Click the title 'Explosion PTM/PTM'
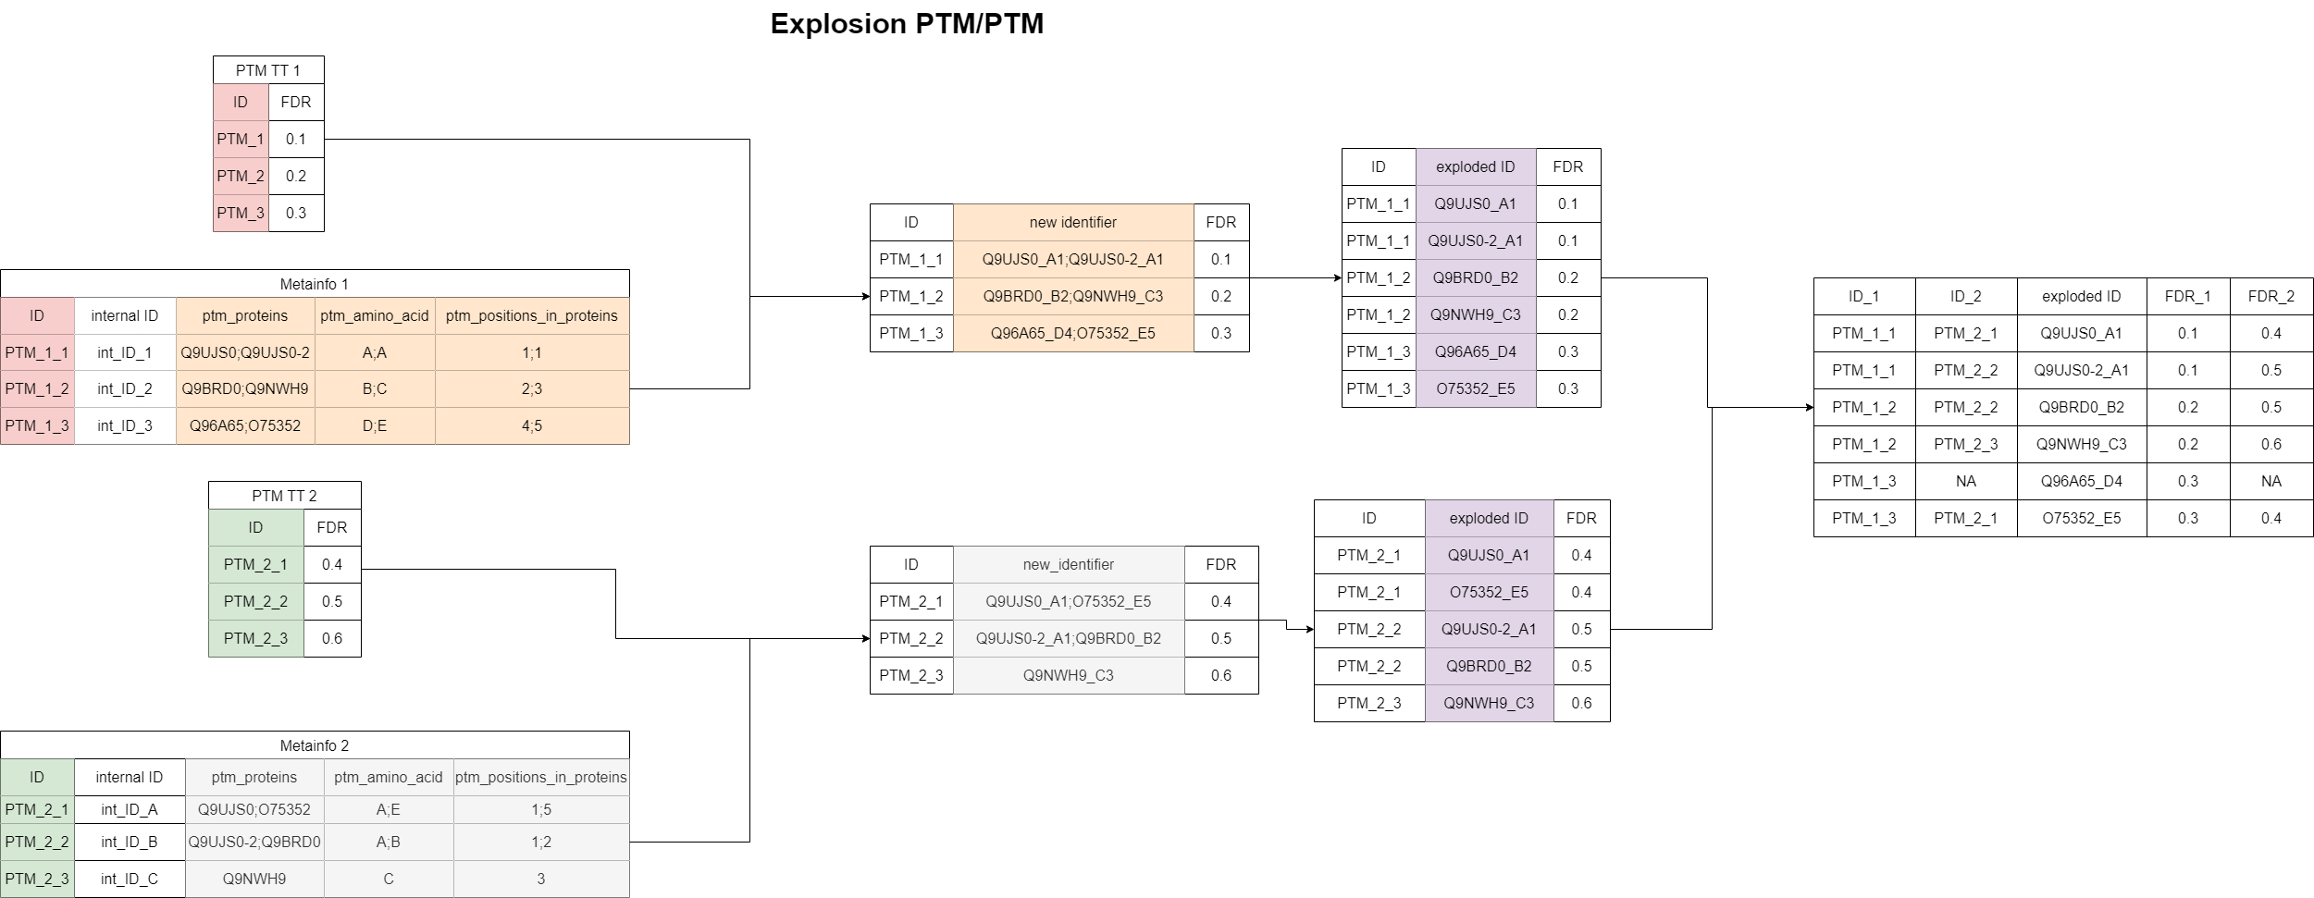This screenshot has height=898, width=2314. coord(907,24)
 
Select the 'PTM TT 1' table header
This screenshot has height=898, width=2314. coord(268,70)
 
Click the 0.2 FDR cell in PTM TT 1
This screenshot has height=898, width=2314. coord(296,176)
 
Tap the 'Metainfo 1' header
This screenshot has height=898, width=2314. coord(315,284)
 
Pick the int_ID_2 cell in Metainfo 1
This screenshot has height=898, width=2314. coord(125,388)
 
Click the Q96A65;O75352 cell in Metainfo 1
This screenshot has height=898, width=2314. coord(245,425)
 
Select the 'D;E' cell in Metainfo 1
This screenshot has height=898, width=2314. coord(375,425)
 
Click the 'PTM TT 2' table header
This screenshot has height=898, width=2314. coord(284,496)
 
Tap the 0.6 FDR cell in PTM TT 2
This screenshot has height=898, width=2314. coord(332,638)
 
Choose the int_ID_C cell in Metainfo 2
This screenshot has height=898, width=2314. coord(130,879)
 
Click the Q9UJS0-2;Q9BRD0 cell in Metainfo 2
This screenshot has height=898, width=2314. coord(254,842)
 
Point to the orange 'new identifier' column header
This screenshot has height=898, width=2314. coord(1073,222)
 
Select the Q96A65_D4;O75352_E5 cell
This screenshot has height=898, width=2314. coord(1073,333)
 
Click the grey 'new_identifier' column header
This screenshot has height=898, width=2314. coord(1069,564)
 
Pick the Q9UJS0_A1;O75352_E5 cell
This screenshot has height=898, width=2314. coord(1069,601)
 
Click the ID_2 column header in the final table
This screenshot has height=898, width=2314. coord(1966,296)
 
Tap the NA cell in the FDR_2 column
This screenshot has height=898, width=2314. coord(2271,481)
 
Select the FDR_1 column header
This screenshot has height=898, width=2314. coord(2188,296)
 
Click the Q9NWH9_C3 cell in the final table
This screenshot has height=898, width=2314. coord(2082,444)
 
